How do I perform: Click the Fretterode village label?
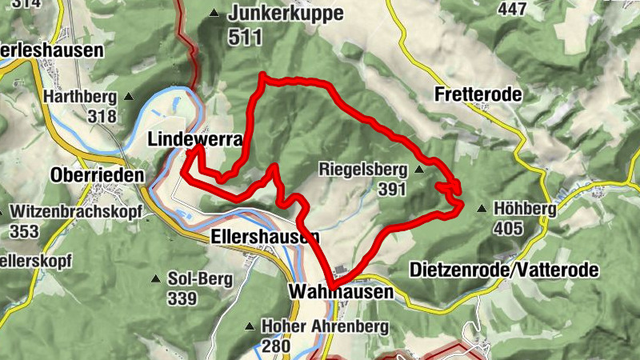(478, 94)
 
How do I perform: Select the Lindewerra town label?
(195, 139)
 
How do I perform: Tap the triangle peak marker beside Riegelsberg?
(418, 170)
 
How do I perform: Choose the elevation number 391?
(392, 190)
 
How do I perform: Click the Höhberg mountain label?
(525, 209)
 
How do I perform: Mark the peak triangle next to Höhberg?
(482, 209)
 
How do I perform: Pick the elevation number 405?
(508, 229)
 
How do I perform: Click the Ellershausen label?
(266, 238)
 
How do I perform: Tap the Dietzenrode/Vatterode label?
(503, 270)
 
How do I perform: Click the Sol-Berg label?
(200, 279)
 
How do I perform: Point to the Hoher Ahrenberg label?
(324, 326)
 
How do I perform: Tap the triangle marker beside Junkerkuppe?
(214, 14)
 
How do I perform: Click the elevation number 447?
(512, 9)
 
